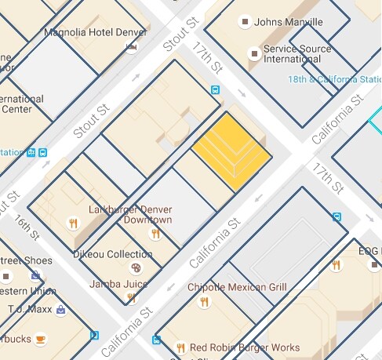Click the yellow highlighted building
pos(232,152)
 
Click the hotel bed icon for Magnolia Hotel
pos(131,47)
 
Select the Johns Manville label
pos(287,22)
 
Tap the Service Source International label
pos(297,53)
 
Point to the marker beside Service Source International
pos(253,53)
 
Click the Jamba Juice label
pos(119,283)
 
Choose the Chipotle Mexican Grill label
pos(237,287)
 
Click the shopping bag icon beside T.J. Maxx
pos(60,309)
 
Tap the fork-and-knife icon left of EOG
pos(336,265)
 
